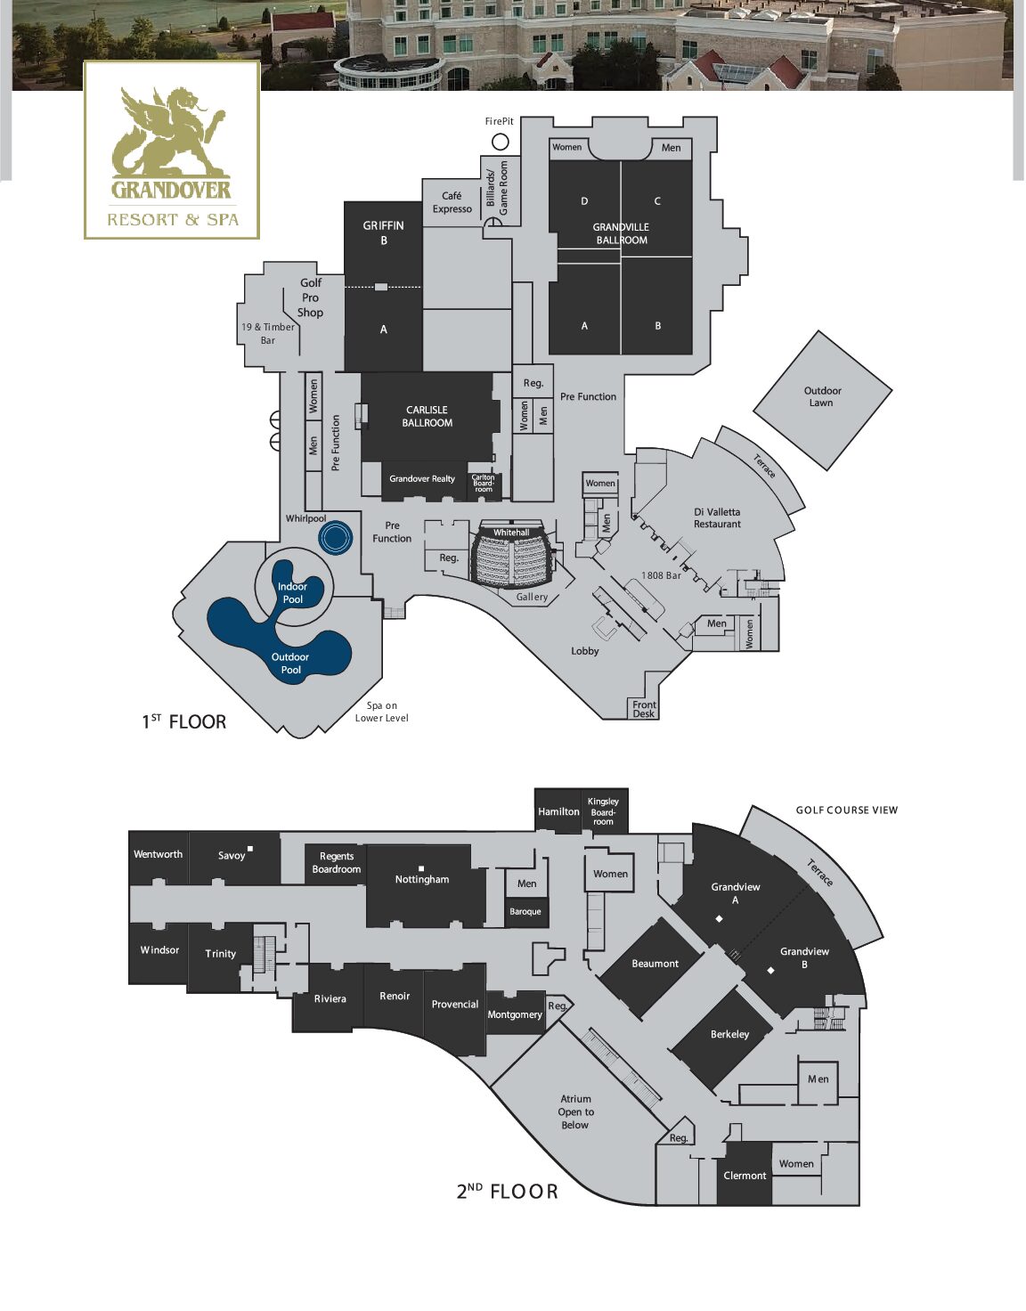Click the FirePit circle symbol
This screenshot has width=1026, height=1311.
coord(500,142)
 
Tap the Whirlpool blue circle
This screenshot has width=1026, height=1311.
coord(336,537)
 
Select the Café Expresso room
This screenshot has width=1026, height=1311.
coord(452,203)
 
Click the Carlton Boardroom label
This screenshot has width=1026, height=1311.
coord(483,484)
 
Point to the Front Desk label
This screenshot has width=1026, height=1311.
coord(644,709)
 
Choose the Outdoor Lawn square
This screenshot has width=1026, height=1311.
coord(822,400)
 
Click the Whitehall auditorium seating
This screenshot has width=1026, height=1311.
coord(512,555)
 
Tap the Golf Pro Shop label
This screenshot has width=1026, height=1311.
coord(310,297)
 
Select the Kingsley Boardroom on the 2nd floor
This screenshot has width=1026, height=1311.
coord(604,811)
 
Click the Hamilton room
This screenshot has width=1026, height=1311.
coord(558,811)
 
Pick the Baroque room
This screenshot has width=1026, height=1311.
coord(526,912)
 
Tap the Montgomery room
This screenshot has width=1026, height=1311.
coord(516,1014)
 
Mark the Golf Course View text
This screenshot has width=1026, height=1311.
coord(846,810)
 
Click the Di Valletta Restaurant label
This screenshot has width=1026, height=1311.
coord(717,518)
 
